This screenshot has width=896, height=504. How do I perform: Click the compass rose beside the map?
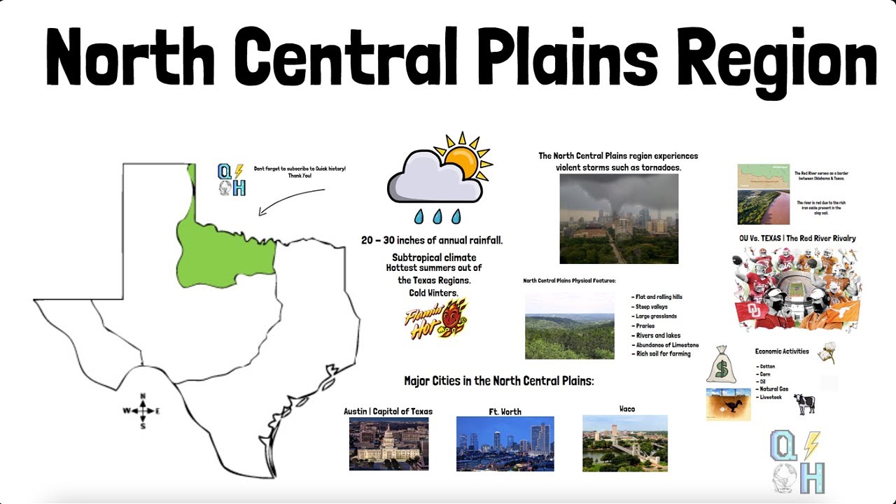click(x=143, y=411)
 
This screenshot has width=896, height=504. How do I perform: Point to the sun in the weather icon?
click(x=461, y=160)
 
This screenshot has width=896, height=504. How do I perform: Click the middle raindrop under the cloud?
click(x=438, y=216)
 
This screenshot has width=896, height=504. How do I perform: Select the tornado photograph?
click(x=619, y=218)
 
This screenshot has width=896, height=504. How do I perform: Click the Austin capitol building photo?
click(x=388, y=444)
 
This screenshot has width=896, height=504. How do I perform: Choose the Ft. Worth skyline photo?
click(x=505, y=444)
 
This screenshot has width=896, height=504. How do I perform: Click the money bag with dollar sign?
click(x=721, y=364)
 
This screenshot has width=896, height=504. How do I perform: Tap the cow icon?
click(x=804, y=404)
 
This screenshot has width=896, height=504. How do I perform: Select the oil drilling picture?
click(x=728, y=404)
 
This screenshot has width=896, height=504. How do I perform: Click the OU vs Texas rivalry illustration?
click(x=797, y=288)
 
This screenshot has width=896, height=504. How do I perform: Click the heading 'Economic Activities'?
click(x=781, y=351)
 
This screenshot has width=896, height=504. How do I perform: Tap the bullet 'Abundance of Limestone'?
click(x=666, y=345)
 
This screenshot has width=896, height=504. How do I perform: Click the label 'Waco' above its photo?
click(x=626, y=409)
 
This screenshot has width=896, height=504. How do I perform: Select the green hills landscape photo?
click(x=569, y=325)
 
